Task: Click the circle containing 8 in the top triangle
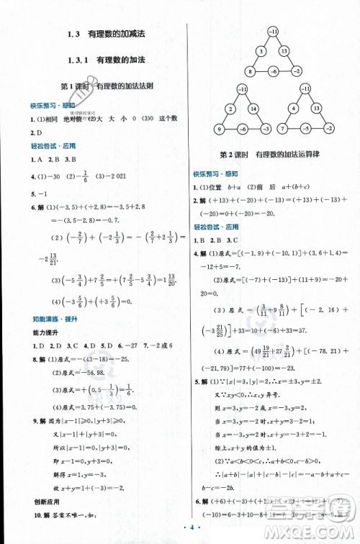click(249, 71)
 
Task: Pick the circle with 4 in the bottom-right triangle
click(295, 108)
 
